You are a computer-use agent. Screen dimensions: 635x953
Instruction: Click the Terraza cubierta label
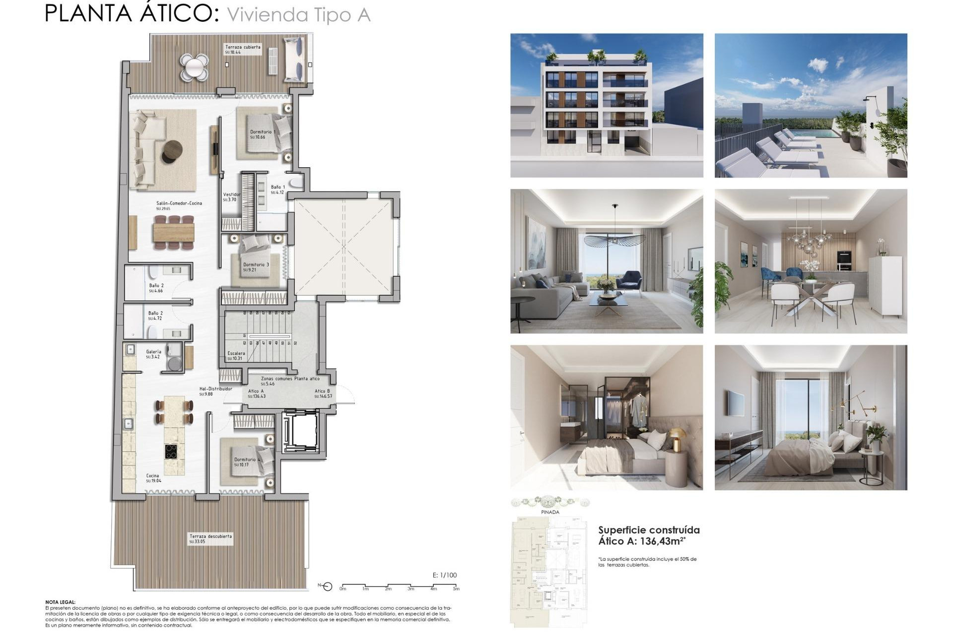click(x=243, y=47)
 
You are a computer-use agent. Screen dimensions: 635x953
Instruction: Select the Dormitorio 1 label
click(x=262, y=132)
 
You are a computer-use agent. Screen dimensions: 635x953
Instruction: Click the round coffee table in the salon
click(x=173, y=150)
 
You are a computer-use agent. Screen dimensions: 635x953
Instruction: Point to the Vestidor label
click(x=231, y=195)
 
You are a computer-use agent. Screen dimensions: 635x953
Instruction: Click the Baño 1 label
click(x=278, y=188)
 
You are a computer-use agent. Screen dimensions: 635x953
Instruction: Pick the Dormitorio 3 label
click(x=256, y=265)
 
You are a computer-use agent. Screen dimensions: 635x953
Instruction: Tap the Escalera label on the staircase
click(x=236, y=353)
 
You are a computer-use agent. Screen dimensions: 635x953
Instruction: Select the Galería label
click(x=153, y=352)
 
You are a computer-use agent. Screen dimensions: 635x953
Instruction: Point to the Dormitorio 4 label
click(x=246, y=460)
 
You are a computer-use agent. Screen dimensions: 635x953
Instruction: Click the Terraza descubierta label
click(x=210, y=536)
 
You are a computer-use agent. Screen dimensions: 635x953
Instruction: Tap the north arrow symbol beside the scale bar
click(x=327, y=587)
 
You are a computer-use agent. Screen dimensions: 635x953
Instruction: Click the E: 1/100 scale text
click(x=444, y=575)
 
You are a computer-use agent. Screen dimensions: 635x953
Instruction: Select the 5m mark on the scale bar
click(x=456, y=589)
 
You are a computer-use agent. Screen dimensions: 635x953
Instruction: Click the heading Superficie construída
click(x=649, y=530)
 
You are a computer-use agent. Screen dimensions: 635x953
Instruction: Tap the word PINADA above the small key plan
click(x=550, y=512)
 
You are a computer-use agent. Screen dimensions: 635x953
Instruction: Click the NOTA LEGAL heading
click(x=60, y=602)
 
